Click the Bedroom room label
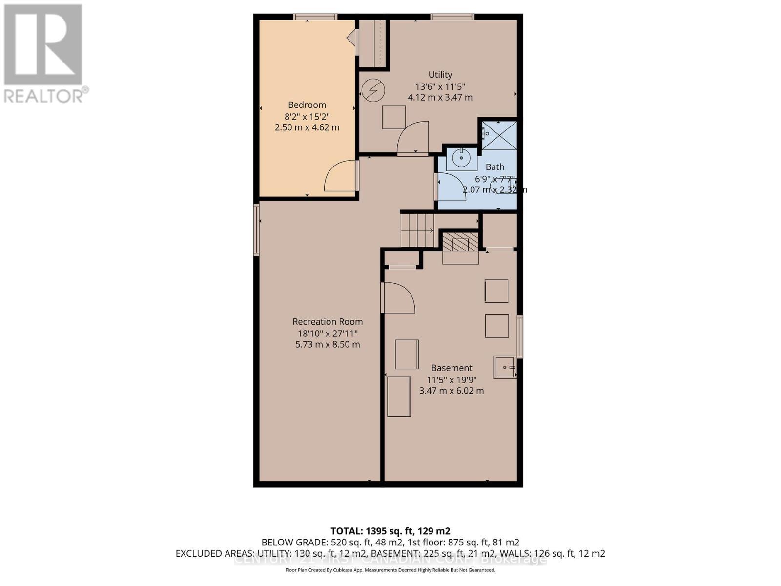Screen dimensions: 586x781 tap(307, 105)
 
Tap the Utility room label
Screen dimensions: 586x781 tap(440, 75)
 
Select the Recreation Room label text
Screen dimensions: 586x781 tap(328, 322)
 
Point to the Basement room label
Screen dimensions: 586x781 tap(452, 368)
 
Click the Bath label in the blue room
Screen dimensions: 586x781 tap(494, 167)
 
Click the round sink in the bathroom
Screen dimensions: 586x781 tap(461, 159)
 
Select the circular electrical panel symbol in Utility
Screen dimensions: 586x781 tap(373, 90)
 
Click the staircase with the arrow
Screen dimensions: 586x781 tap(417, 230)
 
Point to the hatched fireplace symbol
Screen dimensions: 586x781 tap(460, 242)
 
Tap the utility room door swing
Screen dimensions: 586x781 tap(413, 138)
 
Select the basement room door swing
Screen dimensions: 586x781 tap(399, 298)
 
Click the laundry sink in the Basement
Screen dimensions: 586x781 tap(505, 367)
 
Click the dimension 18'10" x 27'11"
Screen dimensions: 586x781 tap(328, 334)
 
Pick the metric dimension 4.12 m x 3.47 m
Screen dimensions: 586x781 tap(440, 97)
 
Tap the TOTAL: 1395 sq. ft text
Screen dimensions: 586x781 tap(390, 531)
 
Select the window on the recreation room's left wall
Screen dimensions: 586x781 tap(256, 230)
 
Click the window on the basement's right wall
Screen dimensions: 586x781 tap(520, 337)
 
